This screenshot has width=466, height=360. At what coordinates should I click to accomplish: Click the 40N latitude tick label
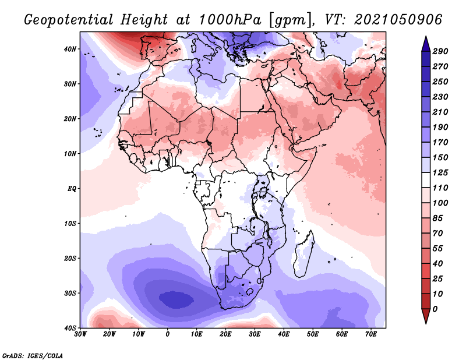[x=70, y=49]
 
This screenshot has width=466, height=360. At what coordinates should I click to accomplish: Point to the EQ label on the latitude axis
[x=72, y=189]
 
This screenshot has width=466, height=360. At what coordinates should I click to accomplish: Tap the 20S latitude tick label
[x=70, y=258]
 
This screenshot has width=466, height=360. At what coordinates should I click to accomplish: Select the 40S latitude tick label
[x=70, y=327]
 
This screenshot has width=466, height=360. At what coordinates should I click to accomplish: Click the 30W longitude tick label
[x=80, y=334]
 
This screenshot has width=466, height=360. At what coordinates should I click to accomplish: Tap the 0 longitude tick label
[x=168, y=334]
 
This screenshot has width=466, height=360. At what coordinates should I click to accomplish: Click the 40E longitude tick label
[x=284, y=334]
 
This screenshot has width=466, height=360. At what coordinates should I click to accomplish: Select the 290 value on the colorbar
[x=440, y=51]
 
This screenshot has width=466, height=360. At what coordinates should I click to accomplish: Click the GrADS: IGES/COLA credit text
[x=33, y=355]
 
